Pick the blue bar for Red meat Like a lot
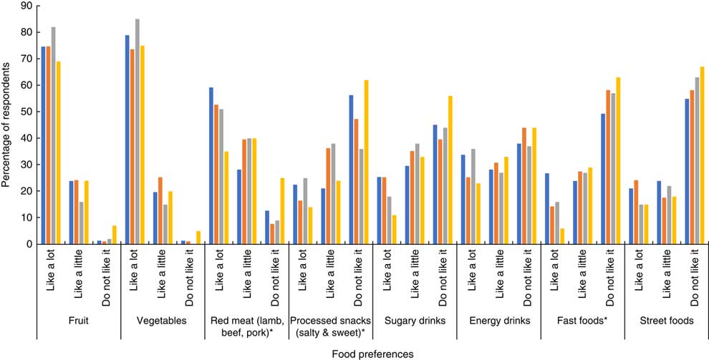[211, 166]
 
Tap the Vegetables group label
[162, 321]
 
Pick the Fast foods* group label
[582, 321]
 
